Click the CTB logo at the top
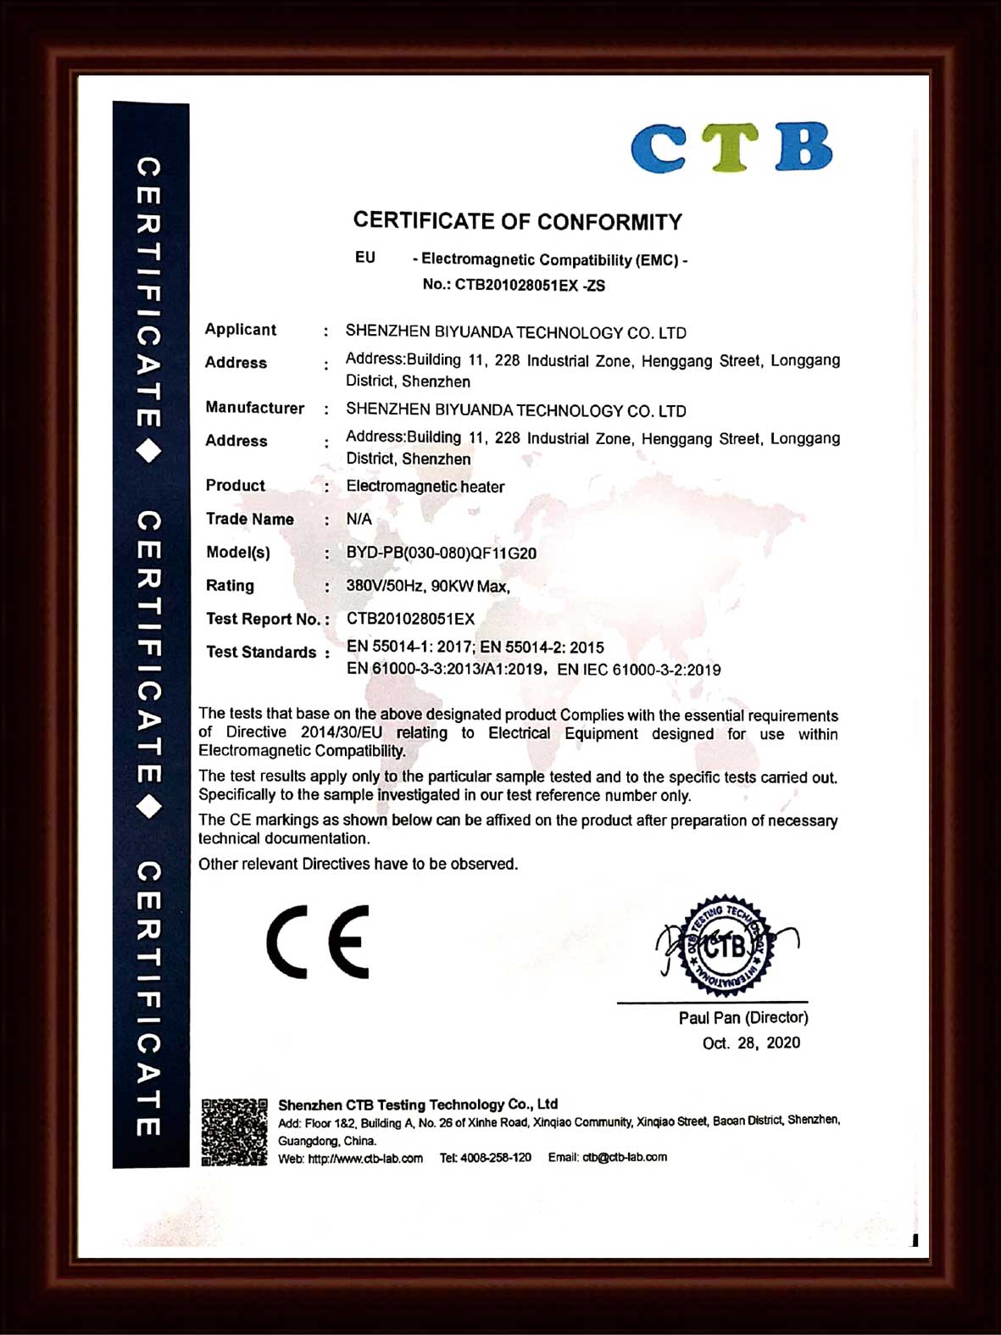pyautogui.click(x=731, y=147)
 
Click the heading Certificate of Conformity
pyautogui.click(x=517, y=222)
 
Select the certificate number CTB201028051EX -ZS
pyautogui.click(x=530, y=286)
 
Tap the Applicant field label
pyautogui.click(x=241, y=330)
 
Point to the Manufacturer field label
pyautogui.click(x=254, y=408)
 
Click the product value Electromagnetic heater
pyautogui.click(x=425, y=487)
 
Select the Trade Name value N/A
pyautogui.click(x=359, y=519)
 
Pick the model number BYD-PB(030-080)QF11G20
pyautogui.click(x=441, y=553)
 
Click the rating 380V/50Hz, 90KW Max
pyautogui.click(x=428, y=586)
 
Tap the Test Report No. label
pyautogui.click(x=263, y=619)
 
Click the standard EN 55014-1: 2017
pyautogui.click(x=410, y=647)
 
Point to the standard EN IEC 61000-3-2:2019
pyautogui.click(x=639, y=670)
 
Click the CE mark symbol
pyautogui.click(x=318, y=942)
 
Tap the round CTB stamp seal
pyautogui.click(x=725, y=945)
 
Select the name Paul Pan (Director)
pyautogui.click(x=743, y=1018)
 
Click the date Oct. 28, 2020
pyautogui.click(x=751, y=1043)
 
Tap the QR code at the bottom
pyautogui.click(x=234, y=1132)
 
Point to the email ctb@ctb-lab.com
pyautogui.click(x=625, y=1157)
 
